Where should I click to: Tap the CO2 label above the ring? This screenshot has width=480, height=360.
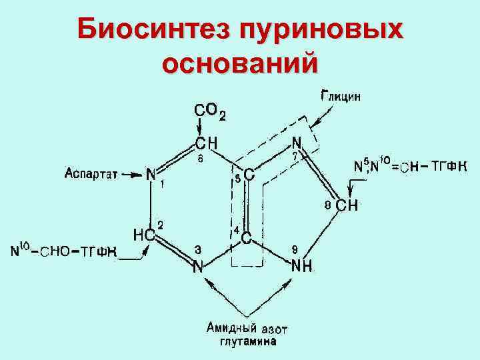click(x=209, y=111)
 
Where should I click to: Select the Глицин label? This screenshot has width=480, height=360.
click(x=341, y=95)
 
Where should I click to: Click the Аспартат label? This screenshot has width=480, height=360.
click(x=91, y=175)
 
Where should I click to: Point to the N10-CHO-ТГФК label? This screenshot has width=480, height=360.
click(x=65, y=252)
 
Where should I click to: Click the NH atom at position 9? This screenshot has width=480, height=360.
click(x=302, y=266)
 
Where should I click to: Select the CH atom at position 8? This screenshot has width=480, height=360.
click(x=347, y=205)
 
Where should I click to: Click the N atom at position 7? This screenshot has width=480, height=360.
click(x=297, y=143)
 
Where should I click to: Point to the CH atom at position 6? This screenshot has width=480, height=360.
click(x=205, y=143)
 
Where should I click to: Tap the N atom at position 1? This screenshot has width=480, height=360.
click(x=151, y=175)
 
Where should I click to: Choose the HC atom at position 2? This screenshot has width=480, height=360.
click(x=144, y=235)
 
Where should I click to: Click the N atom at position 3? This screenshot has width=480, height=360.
click(x=197, y=267)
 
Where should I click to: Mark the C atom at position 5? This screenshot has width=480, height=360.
click(x=248, y=175)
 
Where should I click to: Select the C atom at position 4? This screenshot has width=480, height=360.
click(x=245, y=237)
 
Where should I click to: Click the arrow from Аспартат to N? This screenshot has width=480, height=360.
click(x=131, y=175)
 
